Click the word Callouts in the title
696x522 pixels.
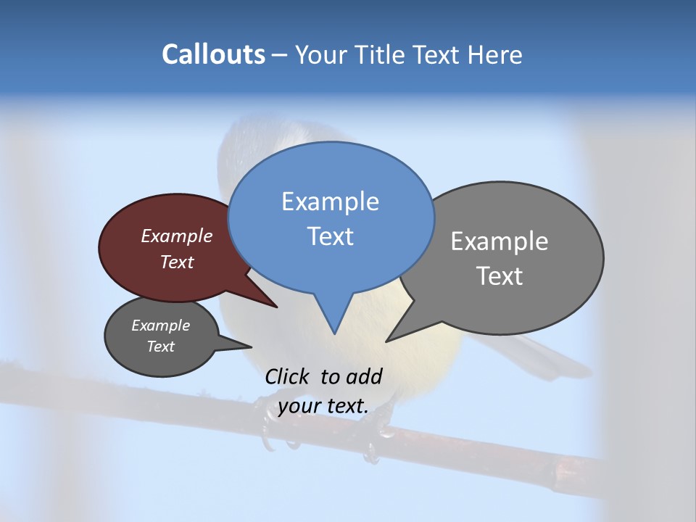(x=213, y=54)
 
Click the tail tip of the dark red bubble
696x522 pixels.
(x=276, y=307)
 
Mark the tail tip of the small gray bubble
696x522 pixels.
(x=251, y=347)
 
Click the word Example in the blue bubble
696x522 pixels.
(x=330, y=202)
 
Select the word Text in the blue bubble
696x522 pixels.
(x=330, y=236)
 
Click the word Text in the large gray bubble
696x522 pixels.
(x=500, y=276)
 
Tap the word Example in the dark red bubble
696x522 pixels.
(x=177, y=236)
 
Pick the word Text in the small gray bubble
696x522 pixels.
(x=161, y=347)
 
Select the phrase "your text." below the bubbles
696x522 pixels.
(x=323, y=406)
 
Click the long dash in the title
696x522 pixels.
(x=280, y=55)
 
